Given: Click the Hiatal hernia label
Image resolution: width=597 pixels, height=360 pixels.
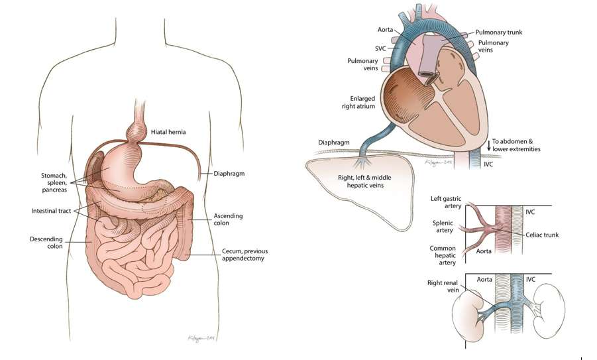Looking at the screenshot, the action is point(168,132).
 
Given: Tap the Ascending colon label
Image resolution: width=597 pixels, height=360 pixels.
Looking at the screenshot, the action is point(228,219).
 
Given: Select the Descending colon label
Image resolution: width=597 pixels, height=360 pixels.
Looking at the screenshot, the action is point(46,243).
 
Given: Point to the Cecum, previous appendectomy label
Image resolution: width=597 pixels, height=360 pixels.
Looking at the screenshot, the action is point(244,255).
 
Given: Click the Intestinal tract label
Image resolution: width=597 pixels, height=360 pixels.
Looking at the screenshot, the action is point(51,211).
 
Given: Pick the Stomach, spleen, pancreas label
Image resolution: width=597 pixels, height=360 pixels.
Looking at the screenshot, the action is point(54,183).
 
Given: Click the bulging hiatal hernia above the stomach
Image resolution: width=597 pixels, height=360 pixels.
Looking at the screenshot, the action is point(136,131).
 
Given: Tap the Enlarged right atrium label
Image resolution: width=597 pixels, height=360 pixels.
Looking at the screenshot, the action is point(358,103).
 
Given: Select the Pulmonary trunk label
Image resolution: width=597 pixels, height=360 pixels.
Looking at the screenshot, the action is point(499,32).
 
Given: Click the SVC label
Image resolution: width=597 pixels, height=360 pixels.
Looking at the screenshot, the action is point(380,49).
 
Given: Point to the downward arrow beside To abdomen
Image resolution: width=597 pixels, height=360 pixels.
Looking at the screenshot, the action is point(488,145).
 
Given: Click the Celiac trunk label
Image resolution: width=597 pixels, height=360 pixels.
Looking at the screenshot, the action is point(542,235).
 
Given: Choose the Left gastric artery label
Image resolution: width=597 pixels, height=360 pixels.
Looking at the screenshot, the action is point(446,202).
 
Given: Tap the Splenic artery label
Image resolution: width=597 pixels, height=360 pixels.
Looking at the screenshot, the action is point(443,227).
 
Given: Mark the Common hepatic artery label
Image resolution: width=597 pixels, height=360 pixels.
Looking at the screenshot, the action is point(443,255).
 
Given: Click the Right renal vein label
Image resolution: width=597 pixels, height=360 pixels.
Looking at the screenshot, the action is point(443,286).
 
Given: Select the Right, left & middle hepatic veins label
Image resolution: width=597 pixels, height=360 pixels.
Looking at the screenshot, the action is point(364,182).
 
